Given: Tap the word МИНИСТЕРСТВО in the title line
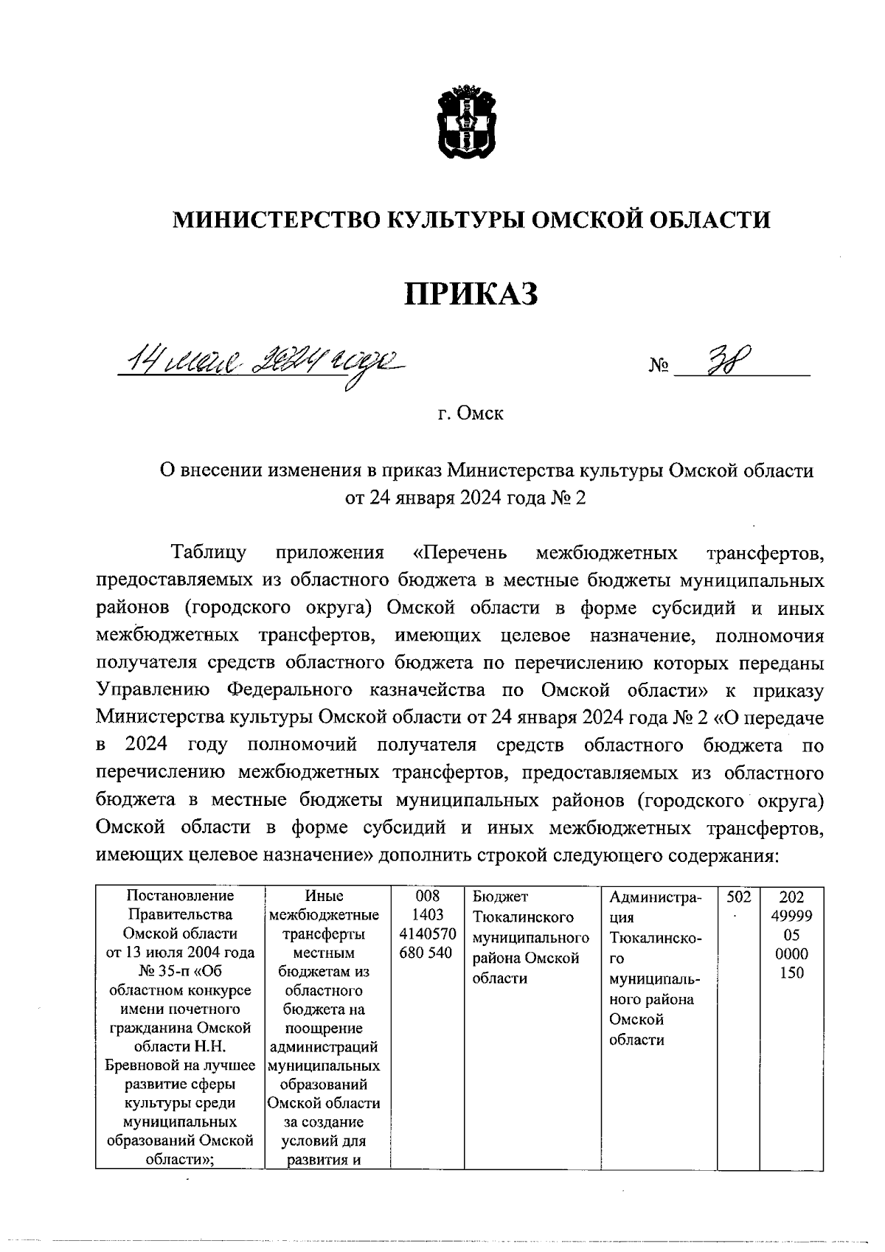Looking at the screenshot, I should tap(277, 219).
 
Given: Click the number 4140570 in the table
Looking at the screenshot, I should tap(427, 934).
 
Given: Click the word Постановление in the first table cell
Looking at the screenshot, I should tap(180, 896).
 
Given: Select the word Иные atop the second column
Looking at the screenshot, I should tap(324, 896).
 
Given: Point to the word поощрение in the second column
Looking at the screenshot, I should tap(324, 1028).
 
